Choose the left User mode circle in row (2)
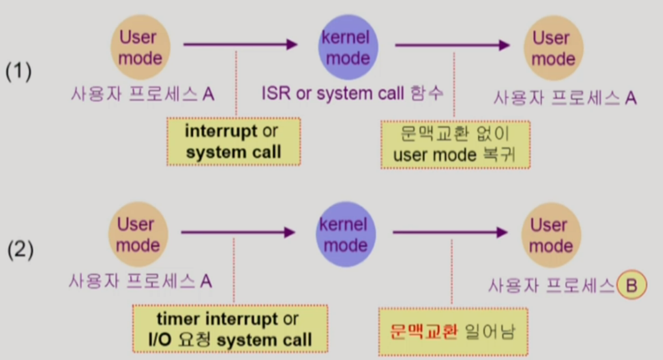click(x=136, y=234)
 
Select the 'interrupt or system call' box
click(x=233, y=142)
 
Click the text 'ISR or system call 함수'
click(x=352, y=94)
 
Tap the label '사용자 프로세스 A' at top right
click(x=565, y=98)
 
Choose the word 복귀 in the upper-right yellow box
click(x=497, y=154)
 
